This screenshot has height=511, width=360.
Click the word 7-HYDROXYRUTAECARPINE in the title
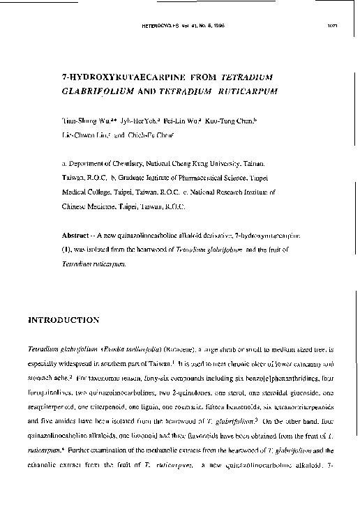pos(118,76)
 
